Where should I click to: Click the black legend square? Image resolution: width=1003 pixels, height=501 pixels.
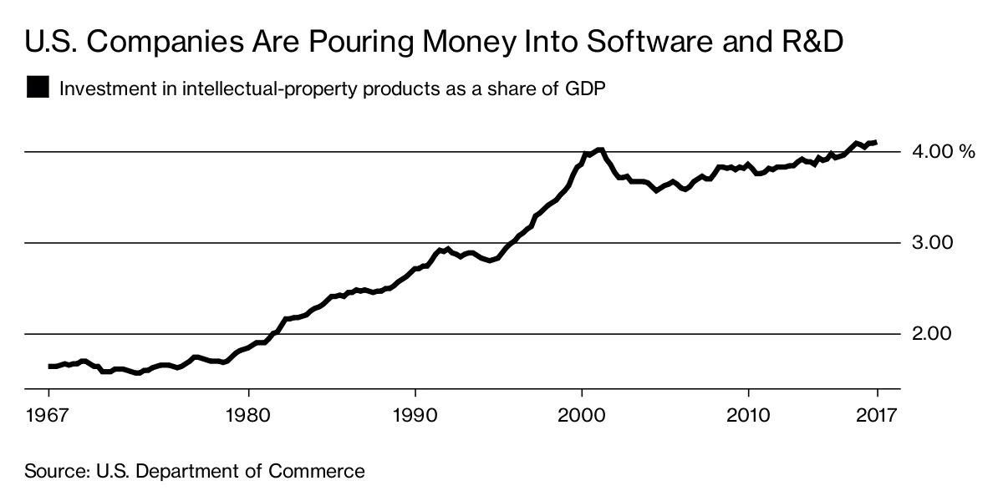pyautogui.click(x=38, y=88)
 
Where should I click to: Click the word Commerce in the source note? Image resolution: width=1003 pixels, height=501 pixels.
pyautogui.click(x=318, y=471)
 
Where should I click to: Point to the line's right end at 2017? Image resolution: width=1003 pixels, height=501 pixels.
pyautogui.click(x=875, y=143)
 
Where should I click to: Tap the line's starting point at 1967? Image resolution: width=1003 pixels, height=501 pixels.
pyautogui.click(x=49, y=366)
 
